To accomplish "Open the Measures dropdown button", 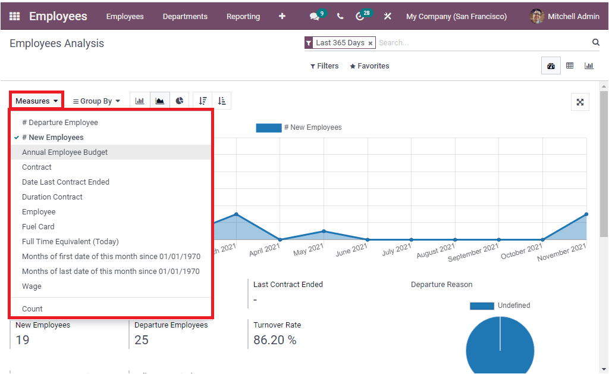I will coord(37,101).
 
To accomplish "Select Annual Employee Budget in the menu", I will coord(65,152).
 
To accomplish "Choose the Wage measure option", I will coord(32,286).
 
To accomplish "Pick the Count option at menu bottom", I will coord(33,309).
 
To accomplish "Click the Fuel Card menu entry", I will coord(38,227).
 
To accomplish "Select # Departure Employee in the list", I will coord(60,123).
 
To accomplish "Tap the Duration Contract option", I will coord(52,197).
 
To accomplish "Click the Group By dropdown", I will coord(96,101).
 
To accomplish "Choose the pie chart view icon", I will coord(180,101).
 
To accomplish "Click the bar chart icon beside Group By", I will coord(140,101).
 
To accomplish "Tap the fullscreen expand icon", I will coord(580,102).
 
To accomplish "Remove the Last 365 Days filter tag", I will coord(370,43).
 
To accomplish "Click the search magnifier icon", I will coord(595,42).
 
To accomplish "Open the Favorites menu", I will coord(369,66).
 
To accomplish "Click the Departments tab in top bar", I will coord(185,17).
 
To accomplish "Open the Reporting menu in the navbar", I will coord(243,17).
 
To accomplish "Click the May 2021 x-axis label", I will coord(308,249).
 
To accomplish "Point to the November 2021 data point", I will coord(586,214).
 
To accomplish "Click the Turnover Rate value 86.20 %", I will coord(275,340).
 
